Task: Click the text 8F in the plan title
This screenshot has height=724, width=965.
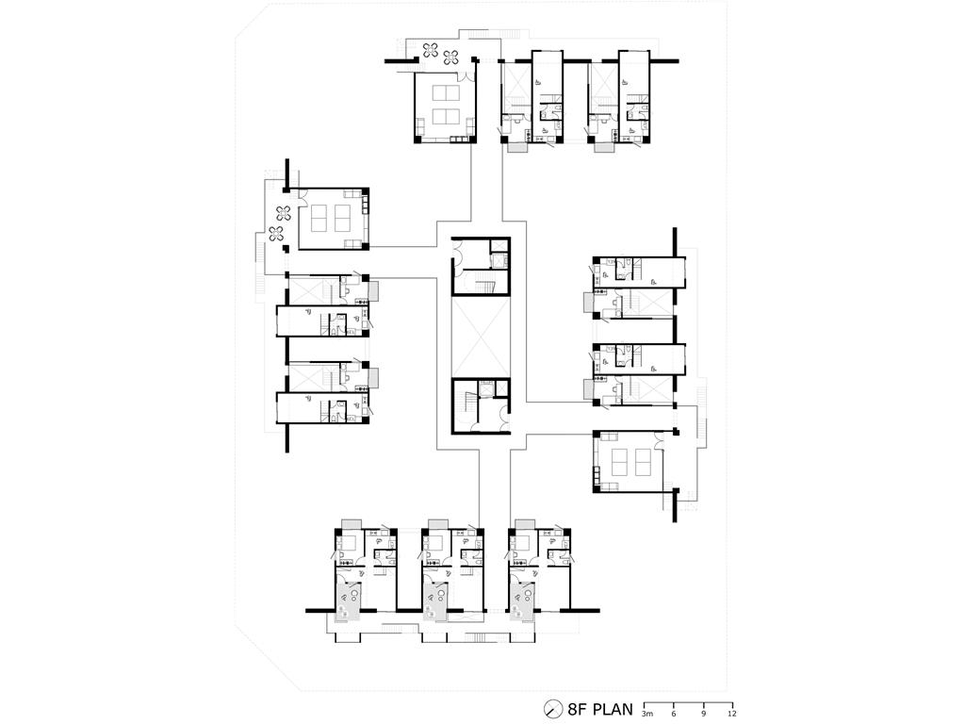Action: click(x=577, y=709)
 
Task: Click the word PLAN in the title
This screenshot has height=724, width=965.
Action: click(x=612, y=709)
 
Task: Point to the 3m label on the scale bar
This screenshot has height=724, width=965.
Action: click(x=646, y=715)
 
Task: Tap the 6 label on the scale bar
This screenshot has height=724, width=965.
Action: click(x=674, y=715)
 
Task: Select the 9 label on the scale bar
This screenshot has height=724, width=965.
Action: click(x=703, y=715)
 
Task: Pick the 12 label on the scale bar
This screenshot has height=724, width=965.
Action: click(x=731, y=715)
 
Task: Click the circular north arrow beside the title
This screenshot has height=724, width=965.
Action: click(x=554, y=709)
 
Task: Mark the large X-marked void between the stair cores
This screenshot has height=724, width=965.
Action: click(x=481, y=337)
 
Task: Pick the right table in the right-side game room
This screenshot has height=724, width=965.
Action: click(x=643, y=459)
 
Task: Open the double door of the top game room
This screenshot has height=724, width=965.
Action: click(x=466, y=78)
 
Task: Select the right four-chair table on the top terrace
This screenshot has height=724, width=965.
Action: click(x=451, y=57)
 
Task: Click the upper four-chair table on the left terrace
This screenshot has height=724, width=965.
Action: click(x=283, y=213)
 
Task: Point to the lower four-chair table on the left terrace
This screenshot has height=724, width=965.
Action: click(x=276, y=234)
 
